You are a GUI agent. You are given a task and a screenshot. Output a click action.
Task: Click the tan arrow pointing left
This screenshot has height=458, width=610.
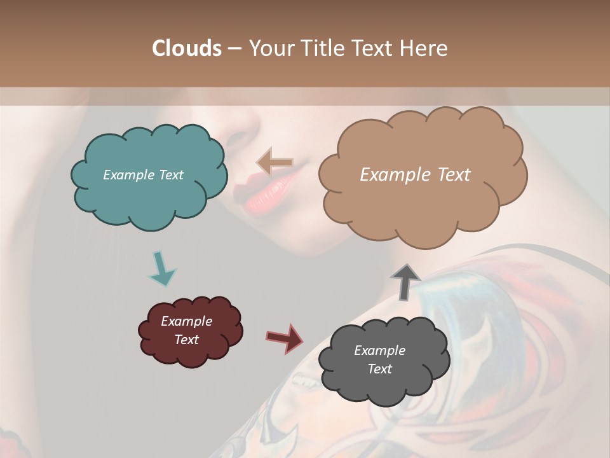pyautogui.click(x=274, y=162)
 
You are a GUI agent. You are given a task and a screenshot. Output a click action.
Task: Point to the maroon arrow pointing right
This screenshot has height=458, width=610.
pyautogui.click(x=285, y=338)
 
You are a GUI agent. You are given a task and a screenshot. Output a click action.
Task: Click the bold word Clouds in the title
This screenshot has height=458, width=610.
pyautogui.click(x=187, y=48)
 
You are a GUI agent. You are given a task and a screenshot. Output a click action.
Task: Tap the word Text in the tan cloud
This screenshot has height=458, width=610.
pyautogui.click(x=452, y=175)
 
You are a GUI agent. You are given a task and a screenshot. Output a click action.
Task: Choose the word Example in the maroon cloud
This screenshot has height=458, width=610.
pyautogui.click(x=186, y=321)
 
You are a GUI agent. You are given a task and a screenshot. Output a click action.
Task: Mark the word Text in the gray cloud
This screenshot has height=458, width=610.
pyautogui.click(x=379, y=369)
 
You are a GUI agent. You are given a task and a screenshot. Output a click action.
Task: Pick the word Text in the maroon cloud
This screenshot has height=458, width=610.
pyautogui.click(x=186, y=340)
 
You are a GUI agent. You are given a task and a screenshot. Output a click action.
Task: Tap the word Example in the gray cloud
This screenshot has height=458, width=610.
pyautogui.click(x=379, y=350)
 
